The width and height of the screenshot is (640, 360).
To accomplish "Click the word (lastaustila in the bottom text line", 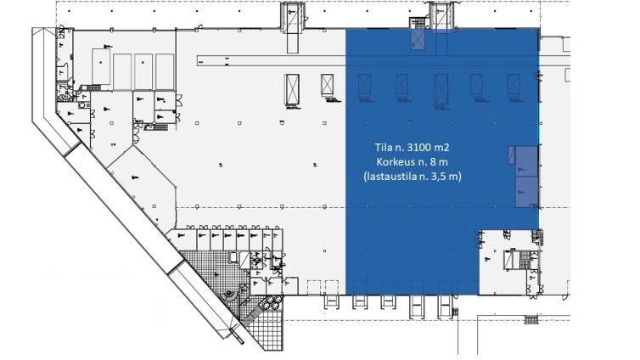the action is coord(385,177).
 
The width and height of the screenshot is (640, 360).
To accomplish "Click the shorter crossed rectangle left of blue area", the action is coord(327,85).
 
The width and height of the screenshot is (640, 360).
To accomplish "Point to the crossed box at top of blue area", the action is coord(418,40).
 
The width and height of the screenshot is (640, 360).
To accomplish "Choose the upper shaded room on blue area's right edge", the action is coord(526,160).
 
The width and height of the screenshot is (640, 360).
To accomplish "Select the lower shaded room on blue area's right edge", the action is coord(527,191).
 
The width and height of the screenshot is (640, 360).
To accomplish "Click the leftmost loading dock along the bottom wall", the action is coord(331,301).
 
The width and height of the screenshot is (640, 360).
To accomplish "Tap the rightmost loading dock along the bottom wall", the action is coord(446,307).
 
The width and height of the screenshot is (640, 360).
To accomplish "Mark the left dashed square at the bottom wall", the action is coord(313,287).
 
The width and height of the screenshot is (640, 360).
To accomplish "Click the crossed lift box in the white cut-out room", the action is coord(509,260).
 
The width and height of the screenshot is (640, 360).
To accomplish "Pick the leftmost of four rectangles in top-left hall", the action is coord(101,67).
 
